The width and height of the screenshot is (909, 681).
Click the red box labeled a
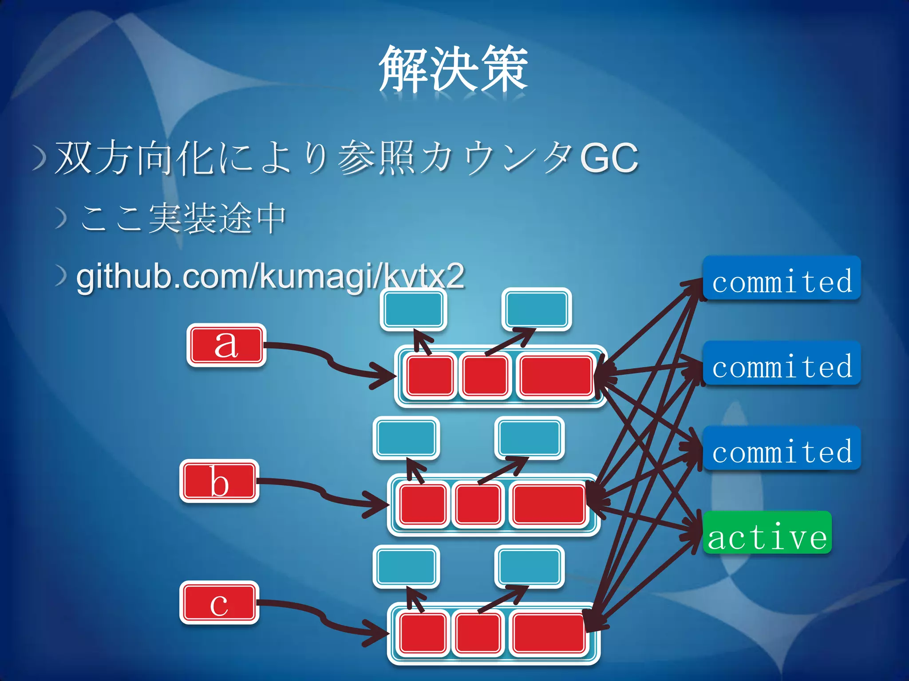coord(226,345)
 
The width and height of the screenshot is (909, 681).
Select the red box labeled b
coord(219,481)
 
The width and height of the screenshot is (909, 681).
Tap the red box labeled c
coord(219,603)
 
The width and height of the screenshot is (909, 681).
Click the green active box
coord(767,532)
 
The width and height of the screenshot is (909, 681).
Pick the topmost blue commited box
coord(782,278)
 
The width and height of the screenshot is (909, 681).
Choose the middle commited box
coord(782,363)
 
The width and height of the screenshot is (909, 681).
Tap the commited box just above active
coord(782,448)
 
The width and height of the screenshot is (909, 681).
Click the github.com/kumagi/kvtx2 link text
coord(270,277)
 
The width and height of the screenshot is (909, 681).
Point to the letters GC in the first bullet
coord(609,158)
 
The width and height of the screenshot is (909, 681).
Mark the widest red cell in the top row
coord(556,376)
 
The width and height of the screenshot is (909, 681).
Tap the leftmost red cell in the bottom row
coord(422,633)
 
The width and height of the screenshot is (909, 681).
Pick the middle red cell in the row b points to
coord(478,505)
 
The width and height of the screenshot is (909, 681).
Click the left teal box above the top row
coord(413,309)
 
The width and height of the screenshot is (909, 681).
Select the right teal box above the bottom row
coord(529,567)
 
